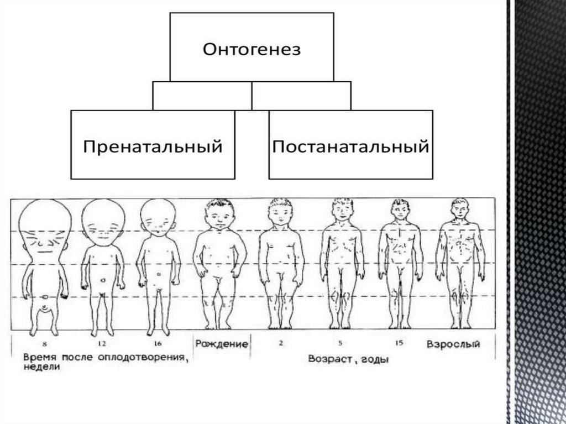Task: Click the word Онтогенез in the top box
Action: pos(251,50)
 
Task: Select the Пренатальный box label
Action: pos(153,147)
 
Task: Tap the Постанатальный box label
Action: pos(351,147)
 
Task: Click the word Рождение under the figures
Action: pos(221,344)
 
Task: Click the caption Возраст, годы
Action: pos(348,359)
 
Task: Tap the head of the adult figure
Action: pos(458,210)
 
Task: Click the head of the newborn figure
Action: pos(219,216)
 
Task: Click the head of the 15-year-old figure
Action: pos(399,211)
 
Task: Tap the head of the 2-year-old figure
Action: pos(281,213)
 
